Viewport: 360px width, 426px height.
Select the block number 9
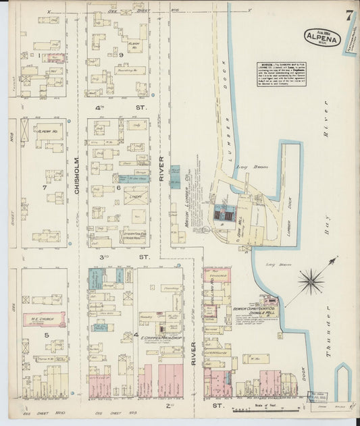coord(121,55)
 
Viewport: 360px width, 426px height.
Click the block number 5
coord(46,334)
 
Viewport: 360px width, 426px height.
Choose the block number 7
coord(45,186)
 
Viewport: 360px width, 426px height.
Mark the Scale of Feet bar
coord(267,409)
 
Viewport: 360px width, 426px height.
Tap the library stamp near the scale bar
coord(319,397)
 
